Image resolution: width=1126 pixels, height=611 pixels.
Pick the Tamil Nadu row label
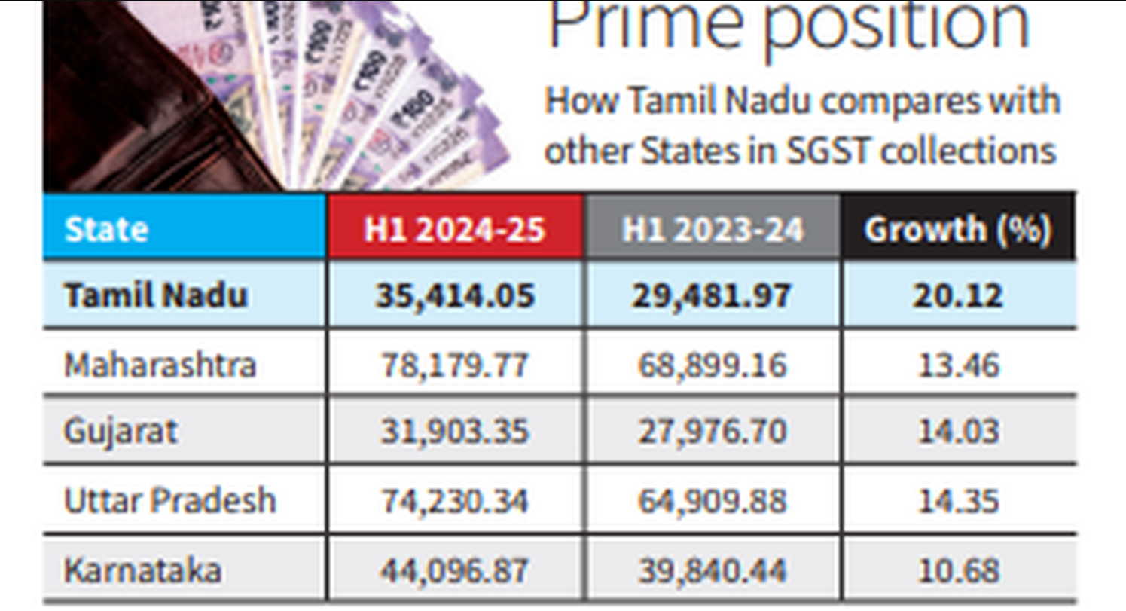tap(155, 295)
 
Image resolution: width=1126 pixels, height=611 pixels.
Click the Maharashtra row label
tap(160, 365)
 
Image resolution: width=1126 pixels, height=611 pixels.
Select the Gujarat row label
tap(121, 431)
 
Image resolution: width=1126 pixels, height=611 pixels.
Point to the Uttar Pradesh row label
tap(169, 500)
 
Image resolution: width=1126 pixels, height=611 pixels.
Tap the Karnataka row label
tap(142, 570)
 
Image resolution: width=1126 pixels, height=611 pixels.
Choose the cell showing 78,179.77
tap(455, 365)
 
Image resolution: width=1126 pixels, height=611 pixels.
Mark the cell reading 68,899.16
tap(713, 365)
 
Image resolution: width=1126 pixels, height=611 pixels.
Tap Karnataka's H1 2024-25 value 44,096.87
tap(455, 570)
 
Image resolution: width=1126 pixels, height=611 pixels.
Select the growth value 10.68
tap(958, 570)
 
